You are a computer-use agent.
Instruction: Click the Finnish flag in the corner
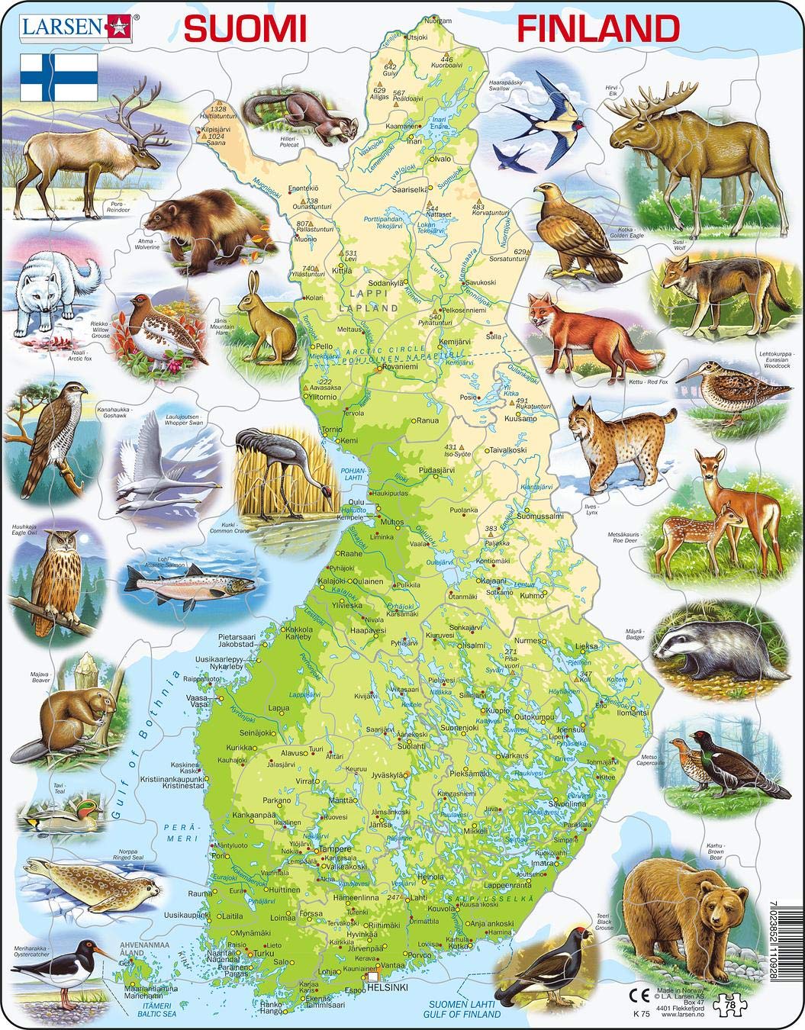(x=59, y=77)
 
